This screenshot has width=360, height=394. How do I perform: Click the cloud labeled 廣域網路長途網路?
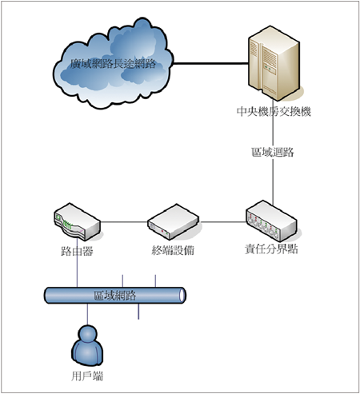click(114, 64)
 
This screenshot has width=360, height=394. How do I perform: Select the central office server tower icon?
click(274, 63)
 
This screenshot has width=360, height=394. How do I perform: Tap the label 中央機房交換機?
click(274, 111)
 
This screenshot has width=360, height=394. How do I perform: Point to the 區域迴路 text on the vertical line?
click(273, 153)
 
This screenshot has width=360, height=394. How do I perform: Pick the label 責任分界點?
click(271, 249)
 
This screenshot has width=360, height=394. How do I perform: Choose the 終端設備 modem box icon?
click(174, 221)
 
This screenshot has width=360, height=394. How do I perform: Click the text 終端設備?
click(173, 250)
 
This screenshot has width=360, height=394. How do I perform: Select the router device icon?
click(78, 221)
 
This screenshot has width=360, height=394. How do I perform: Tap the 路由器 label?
click(77, 251)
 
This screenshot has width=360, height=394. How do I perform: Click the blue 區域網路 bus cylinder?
click(115, 295)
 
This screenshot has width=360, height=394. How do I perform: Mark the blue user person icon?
click(87, 346)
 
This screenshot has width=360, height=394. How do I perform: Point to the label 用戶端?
click(87, 376)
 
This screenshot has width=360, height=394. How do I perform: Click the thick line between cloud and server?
click(211, 63)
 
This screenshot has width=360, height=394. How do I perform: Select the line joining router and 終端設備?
click(124, 221)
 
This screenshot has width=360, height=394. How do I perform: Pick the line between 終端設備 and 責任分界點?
click(222, 221)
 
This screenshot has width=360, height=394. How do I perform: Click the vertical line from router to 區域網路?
click(77, 262)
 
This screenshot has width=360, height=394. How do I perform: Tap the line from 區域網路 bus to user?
click(87, 314)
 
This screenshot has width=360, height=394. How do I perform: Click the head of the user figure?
click(87, 334)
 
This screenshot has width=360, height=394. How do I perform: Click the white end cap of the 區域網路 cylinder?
click(182, 295)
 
